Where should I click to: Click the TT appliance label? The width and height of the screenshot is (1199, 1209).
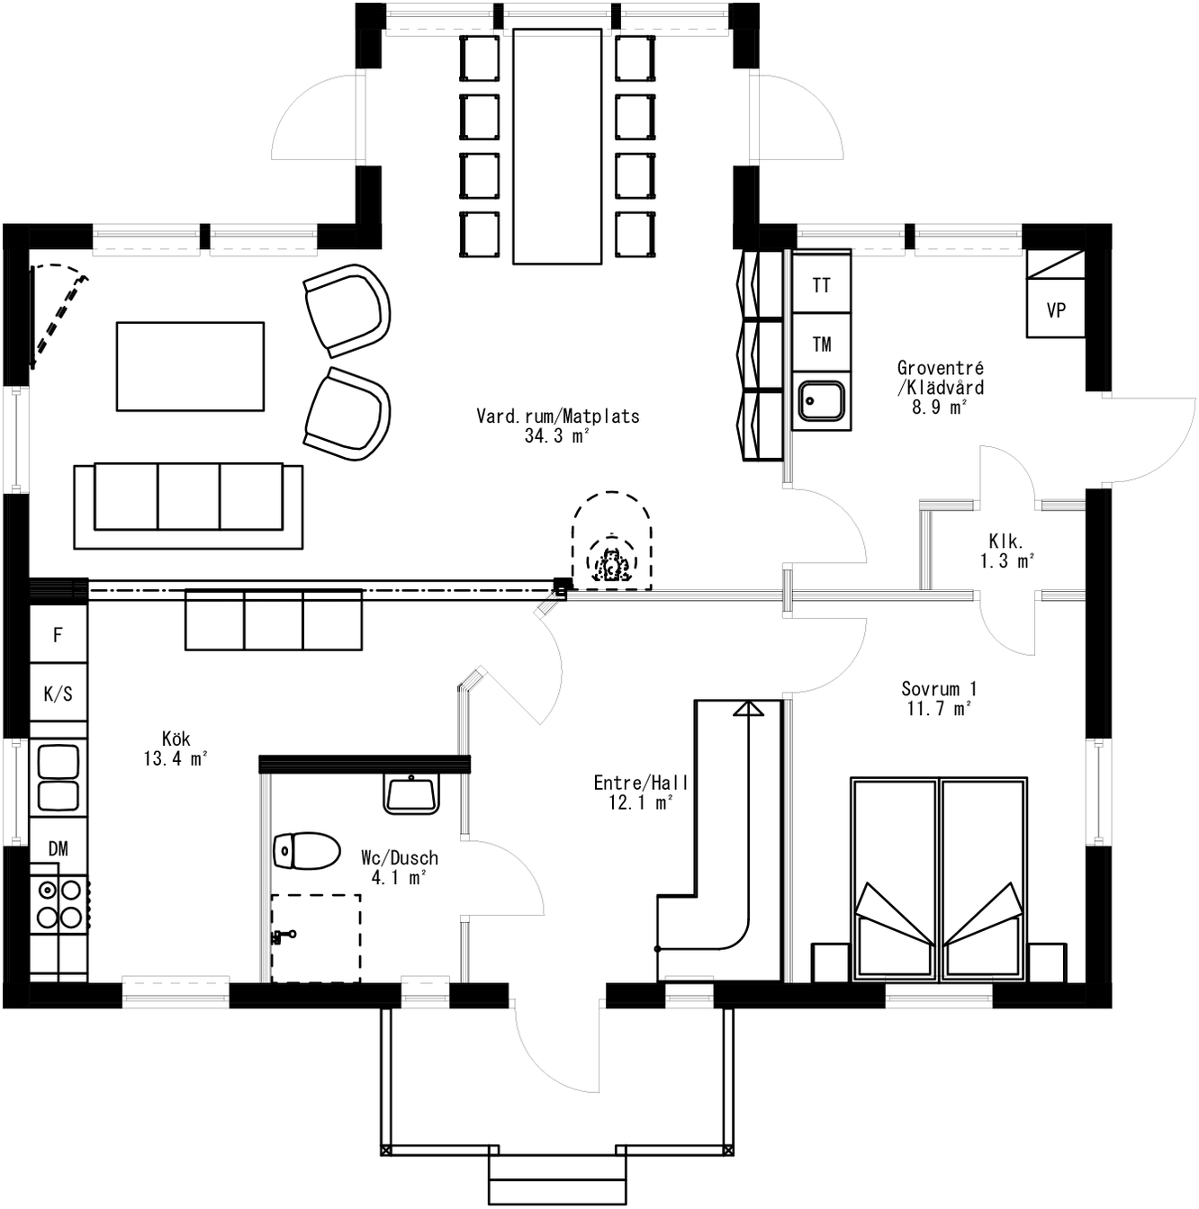click(821, 285)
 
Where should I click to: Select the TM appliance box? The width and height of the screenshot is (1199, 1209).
click(821, 344)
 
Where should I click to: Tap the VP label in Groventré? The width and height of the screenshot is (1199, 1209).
click(1056, 310)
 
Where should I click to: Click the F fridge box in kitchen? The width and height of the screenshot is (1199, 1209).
click(59, 635)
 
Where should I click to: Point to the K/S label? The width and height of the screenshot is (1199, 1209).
click(59, 694)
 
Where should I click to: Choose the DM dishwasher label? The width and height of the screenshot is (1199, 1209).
click(59, 848)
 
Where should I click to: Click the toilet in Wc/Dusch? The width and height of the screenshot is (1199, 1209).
click(307, 850)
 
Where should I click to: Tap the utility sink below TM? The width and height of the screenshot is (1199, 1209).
click(821, 401)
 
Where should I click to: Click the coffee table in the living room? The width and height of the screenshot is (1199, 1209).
click(190, 366)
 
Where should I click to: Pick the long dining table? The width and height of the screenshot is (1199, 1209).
click(556, 147)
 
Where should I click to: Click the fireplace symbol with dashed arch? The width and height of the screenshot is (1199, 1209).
click(611, 544)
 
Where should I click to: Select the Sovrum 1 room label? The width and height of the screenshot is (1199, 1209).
click(939, 689)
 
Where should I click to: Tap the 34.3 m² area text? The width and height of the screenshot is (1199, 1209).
click(557, 436)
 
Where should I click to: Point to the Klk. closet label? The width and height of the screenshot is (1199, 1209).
click(1005, 542)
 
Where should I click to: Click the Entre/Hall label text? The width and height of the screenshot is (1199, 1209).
click(640, 783)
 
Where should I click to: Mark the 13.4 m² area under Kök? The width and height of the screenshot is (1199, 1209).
click(176, 759)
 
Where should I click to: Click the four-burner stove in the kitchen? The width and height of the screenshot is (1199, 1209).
click(59, 903)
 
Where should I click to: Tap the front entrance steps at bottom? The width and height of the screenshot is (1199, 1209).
click(556, 1179)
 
